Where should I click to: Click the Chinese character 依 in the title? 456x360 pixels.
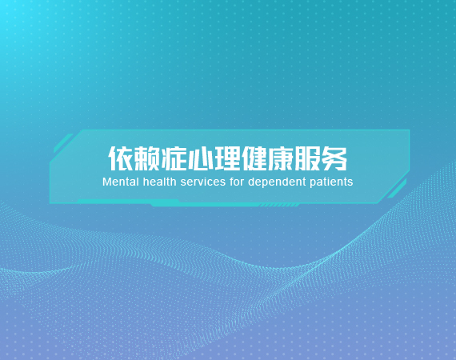[121, 158]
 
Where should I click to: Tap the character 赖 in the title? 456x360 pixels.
[147, 158]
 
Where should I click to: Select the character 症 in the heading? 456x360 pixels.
[174, 158]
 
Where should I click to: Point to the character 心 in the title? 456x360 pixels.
[201, 158]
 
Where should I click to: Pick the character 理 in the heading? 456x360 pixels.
[227, 158]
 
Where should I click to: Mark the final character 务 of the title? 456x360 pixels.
[334, 158]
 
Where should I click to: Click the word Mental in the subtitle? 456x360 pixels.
[121, 182]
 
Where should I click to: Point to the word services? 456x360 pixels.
[203, 182]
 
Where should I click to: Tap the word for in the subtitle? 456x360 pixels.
[237, 182]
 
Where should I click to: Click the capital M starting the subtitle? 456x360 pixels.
[106, 182]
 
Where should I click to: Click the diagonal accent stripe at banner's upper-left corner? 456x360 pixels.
[63, 143]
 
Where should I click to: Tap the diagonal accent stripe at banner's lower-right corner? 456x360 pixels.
[397, 189]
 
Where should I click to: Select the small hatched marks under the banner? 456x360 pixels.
[279, 206]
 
